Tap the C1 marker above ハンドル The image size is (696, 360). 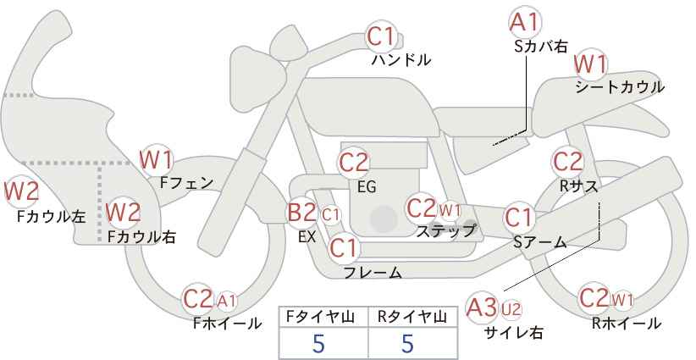click(381, 36)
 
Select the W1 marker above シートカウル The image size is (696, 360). click(590, 64)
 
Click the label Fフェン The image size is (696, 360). click(186, 183)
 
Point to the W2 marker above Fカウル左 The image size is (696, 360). click(21, 191)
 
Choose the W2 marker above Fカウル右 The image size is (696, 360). click(124, 212)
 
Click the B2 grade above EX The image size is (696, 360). click(301, 212)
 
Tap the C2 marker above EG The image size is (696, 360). click(353, 163)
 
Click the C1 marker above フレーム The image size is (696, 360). click(344, 247)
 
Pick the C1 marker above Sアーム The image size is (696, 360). click(519, 218)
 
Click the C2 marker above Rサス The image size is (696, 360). click(567, 162)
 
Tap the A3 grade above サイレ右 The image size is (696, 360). click(482, 307)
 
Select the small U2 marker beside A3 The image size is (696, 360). click(511, 309)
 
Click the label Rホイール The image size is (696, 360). click(627, 324)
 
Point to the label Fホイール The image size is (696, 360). click(227, 324)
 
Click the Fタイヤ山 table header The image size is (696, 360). click(320, 317)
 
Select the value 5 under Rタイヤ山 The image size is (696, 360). click(407, 343)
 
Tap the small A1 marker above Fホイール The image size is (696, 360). click(227, 302)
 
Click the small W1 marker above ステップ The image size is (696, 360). click(450, 210)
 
